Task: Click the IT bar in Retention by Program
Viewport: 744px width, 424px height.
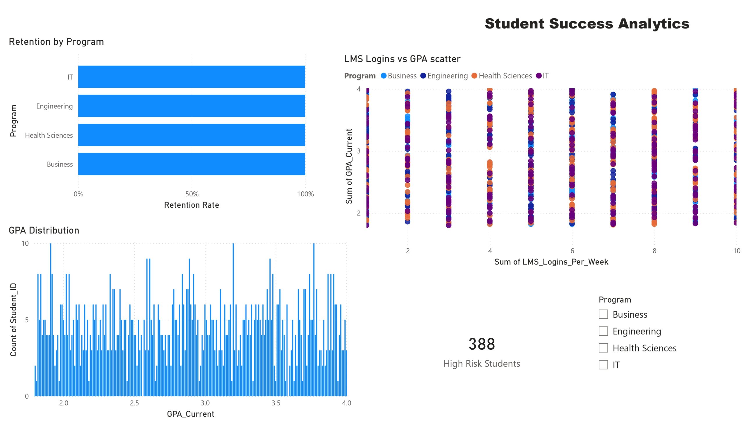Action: (192, 77)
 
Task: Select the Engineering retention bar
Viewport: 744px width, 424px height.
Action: (192, 106)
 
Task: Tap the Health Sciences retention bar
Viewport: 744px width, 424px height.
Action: (192, 135)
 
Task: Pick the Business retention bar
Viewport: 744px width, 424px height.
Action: (192, 164)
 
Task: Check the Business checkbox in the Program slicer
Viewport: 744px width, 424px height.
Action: (603, 314)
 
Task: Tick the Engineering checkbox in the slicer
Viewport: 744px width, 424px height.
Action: (603, 331)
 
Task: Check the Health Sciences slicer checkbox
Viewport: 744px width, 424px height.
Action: (603, 348)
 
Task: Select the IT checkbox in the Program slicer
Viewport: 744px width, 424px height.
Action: (603, 364)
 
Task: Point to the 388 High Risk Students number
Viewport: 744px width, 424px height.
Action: (482, 344)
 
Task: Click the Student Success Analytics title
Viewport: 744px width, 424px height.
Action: (587, 24)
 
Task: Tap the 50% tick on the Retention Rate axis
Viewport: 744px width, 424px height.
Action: (192, 194)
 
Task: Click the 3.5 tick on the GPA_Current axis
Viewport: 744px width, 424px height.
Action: (276, 403)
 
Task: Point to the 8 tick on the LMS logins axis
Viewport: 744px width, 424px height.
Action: (654, 251)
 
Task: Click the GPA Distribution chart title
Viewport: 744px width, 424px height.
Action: (44, 230)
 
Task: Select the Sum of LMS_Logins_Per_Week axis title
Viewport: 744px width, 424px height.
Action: (551, 262)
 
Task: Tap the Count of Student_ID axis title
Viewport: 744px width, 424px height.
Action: (13, 319)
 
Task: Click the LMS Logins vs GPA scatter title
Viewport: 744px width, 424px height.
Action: (402, 59)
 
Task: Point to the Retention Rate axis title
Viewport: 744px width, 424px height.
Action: (192, 205)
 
